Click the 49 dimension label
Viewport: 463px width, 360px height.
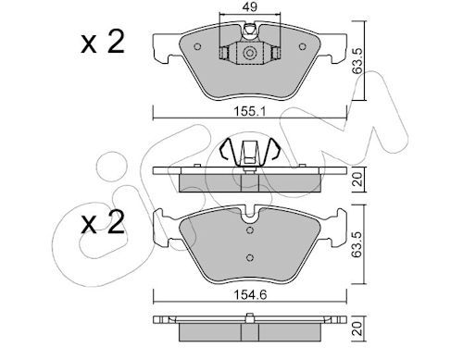pyautogui.click(x=250, y=6)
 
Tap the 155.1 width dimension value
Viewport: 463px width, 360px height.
pyautogui.click(x=249, y=111)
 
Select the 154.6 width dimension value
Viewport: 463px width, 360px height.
pyautogui.click(x=250, y=295)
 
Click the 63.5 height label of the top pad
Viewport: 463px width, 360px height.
pyautogui.click(x=357, y=61)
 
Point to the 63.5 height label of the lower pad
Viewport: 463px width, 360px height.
pyautogui.click(x=357, y=244)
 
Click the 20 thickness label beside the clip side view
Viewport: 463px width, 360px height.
pyautogui.click(x=357, y=180)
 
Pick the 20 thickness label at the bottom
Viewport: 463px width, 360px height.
pyautogui.click(x=357, y=329)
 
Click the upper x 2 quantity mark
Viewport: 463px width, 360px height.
pyautogui.click(x=103, y=43)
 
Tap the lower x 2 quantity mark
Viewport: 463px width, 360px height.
pyautogui.click(x=103, y=223)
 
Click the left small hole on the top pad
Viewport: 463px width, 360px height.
pyautogui.click(x=197, y=47)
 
